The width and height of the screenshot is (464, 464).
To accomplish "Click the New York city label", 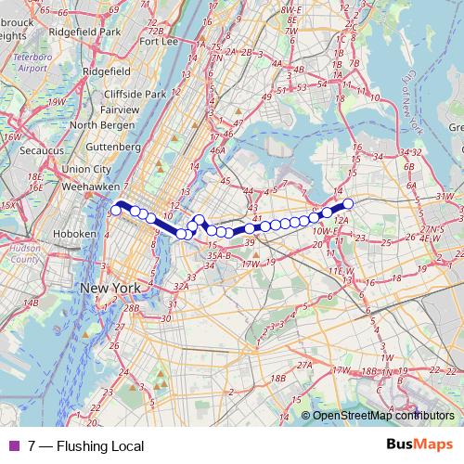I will point(110,289).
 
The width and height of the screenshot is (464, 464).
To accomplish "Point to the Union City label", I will point(88,169).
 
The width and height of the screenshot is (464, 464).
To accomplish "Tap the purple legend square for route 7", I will point(12,446).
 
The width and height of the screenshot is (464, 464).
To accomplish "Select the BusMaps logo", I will point(419,445).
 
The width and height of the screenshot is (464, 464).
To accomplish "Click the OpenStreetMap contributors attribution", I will point(381,417).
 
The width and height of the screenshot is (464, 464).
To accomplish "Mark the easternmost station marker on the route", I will point(348,203).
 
